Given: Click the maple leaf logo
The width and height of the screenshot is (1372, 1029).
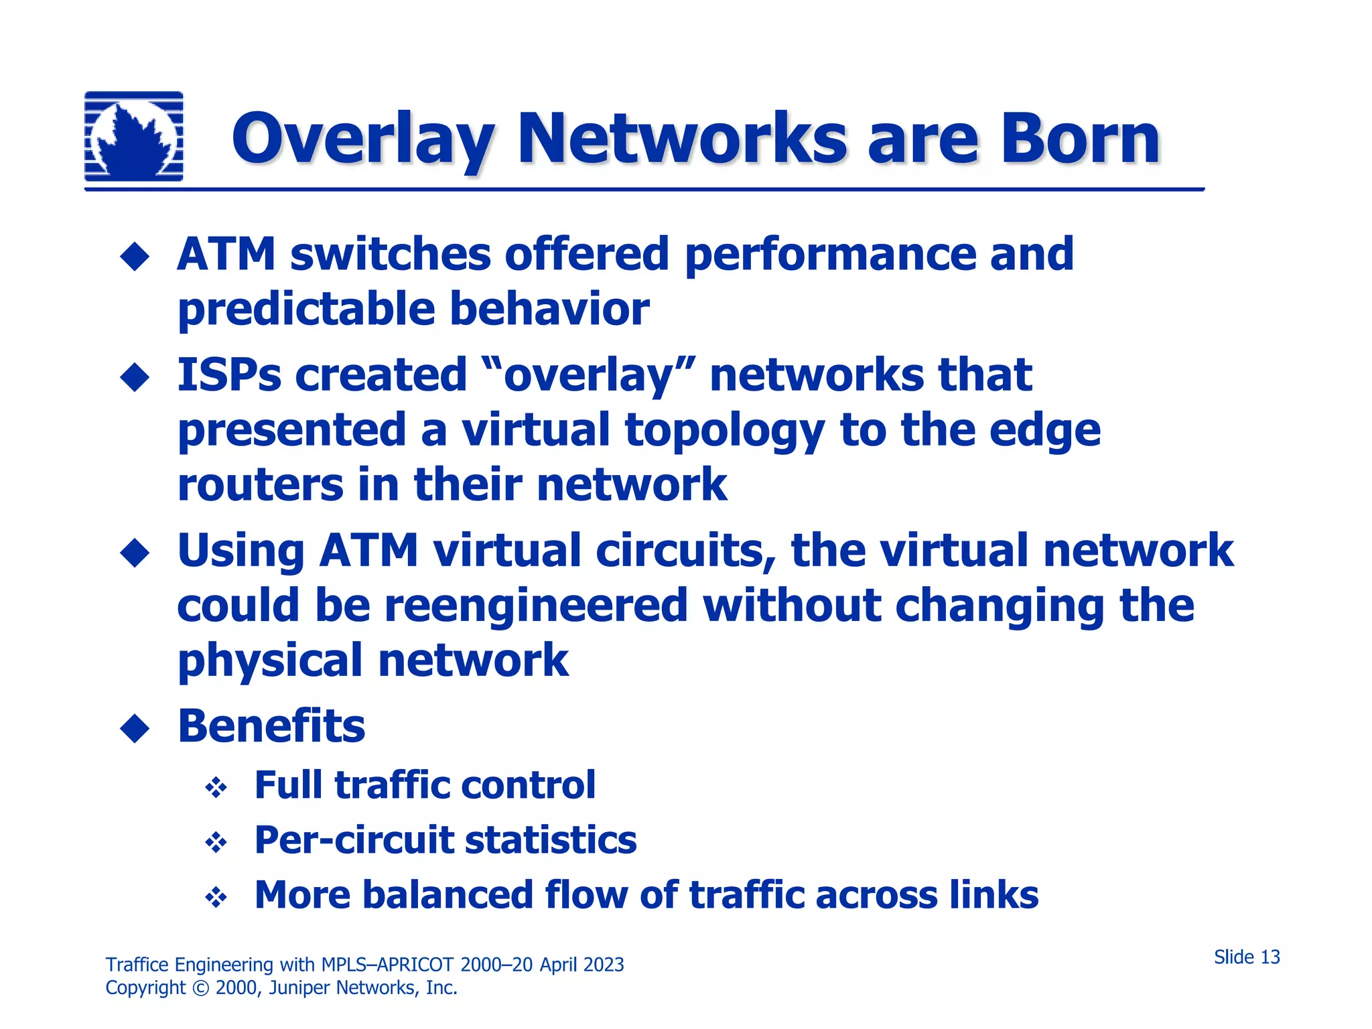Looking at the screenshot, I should click(x=134, y=137).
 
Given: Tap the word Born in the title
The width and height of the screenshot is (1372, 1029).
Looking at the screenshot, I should click(x=1080, y=139).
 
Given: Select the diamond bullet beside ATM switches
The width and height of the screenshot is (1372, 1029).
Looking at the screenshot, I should click(x=135, y=257).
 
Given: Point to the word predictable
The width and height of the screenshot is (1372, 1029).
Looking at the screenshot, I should click(x=306, y=311).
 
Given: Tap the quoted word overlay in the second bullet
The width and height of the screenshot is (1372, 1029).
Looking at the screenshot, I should click(x=588, y=376).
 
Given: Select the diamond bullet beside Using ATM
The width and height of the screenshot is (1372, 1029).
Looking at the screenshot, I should click(x=135, y=553).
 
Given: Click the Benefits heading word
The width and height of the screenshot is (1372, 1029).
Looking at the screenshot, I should click(x=271, y=727).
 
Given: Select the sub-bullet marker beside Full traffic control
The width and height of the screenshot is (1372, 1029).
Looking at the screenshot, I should click(x=216, y=788).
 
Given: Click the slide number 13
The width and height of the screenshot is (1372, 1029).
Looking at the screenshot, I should click(x=1270, y=957).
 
